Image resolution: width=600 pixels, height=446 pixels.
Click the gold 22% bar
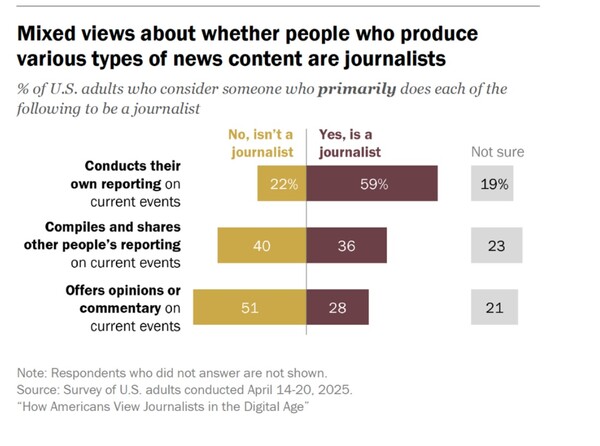(x=281, y=184)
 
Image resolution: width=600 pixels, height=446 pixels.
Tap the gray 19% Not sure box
(x=494, y=184)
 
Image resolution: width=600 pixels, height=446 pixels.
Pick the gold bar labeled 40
(x=262, y=246)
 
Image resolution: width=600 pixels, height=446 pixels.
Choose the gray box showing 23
(x=494, y=246)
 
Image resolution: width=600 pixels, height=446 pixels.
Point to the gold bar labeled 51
(x=250, y=307)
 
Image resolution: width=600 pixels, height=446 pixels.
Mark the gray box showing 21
(x=494, y=307)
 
